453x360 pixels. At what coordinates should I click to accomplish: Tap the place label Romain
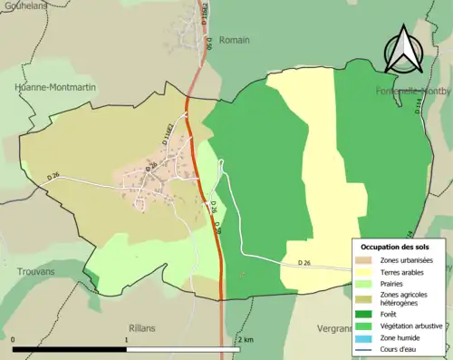tap(233, 40)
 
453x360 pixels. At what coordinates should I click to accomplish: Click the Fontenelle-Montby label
tap(413, 92)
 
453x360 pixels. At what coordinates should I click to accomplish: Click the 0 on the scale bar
tap(14, 340)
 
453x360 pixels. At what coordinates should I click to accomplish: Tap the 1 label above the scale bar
tap(126, 340)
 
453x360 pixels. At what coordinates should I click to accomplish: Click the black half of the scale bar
tap(70, 349)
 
